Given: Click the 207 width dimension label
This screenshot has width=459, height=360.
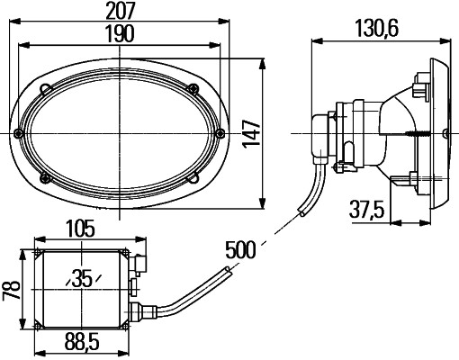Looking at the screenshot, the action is coord(121,11).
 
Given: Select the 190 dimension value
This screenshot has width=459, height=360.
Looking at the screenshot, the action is coord(120,34).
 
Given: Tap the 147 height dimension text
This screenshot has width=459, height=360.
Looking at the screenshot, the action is coord(251,134).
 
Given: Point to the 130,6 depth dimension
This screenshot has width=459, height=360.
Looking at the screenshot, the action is coord(377,29).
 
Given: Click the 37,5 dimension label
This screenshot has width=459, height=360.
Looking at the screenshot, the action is coord(367,210).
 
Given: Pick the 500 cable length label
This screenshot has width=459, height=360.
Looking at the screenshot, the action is coord(240,249).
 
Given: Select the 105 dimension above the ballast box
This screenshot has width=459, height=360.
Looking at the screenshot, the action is coord(80,229).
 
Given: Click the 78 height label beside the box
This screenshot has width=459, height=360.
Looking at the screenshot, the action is coord(12,290).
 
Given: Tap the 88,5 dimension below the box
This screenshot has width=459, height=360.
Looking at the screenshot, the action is coord(82,343).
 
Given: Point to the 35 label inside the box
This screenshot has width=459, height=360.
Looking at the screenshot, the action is coord(82,279).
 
